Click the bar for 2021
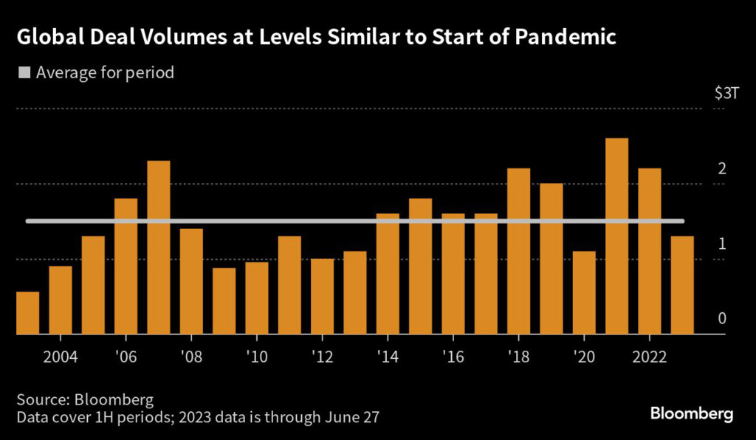pos(616,236)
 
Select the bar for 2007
pos(158,247)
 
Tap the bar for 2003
pos(27,313)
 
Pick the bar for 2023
pos(681,285)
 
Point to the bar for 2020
pos(583,292)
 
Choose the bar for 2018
pos(518,251)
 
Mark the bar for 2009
pos(224,301)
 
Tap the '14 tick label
pos(388,357)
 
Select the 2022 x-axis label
pos(649,357)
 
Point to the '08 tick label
pos(191,357)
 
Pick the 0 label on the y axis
pos(722,319)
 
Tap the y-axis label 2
pos(722,169)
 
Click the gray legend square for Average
pos(24,73)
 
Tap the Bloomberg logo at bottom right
pos(691,413)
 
